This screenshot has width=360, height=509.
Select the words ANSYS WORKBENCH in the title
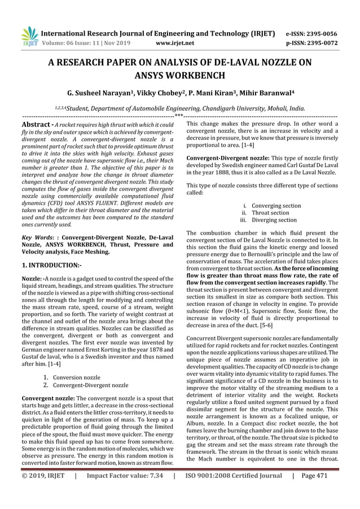[x=179, y=74]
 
